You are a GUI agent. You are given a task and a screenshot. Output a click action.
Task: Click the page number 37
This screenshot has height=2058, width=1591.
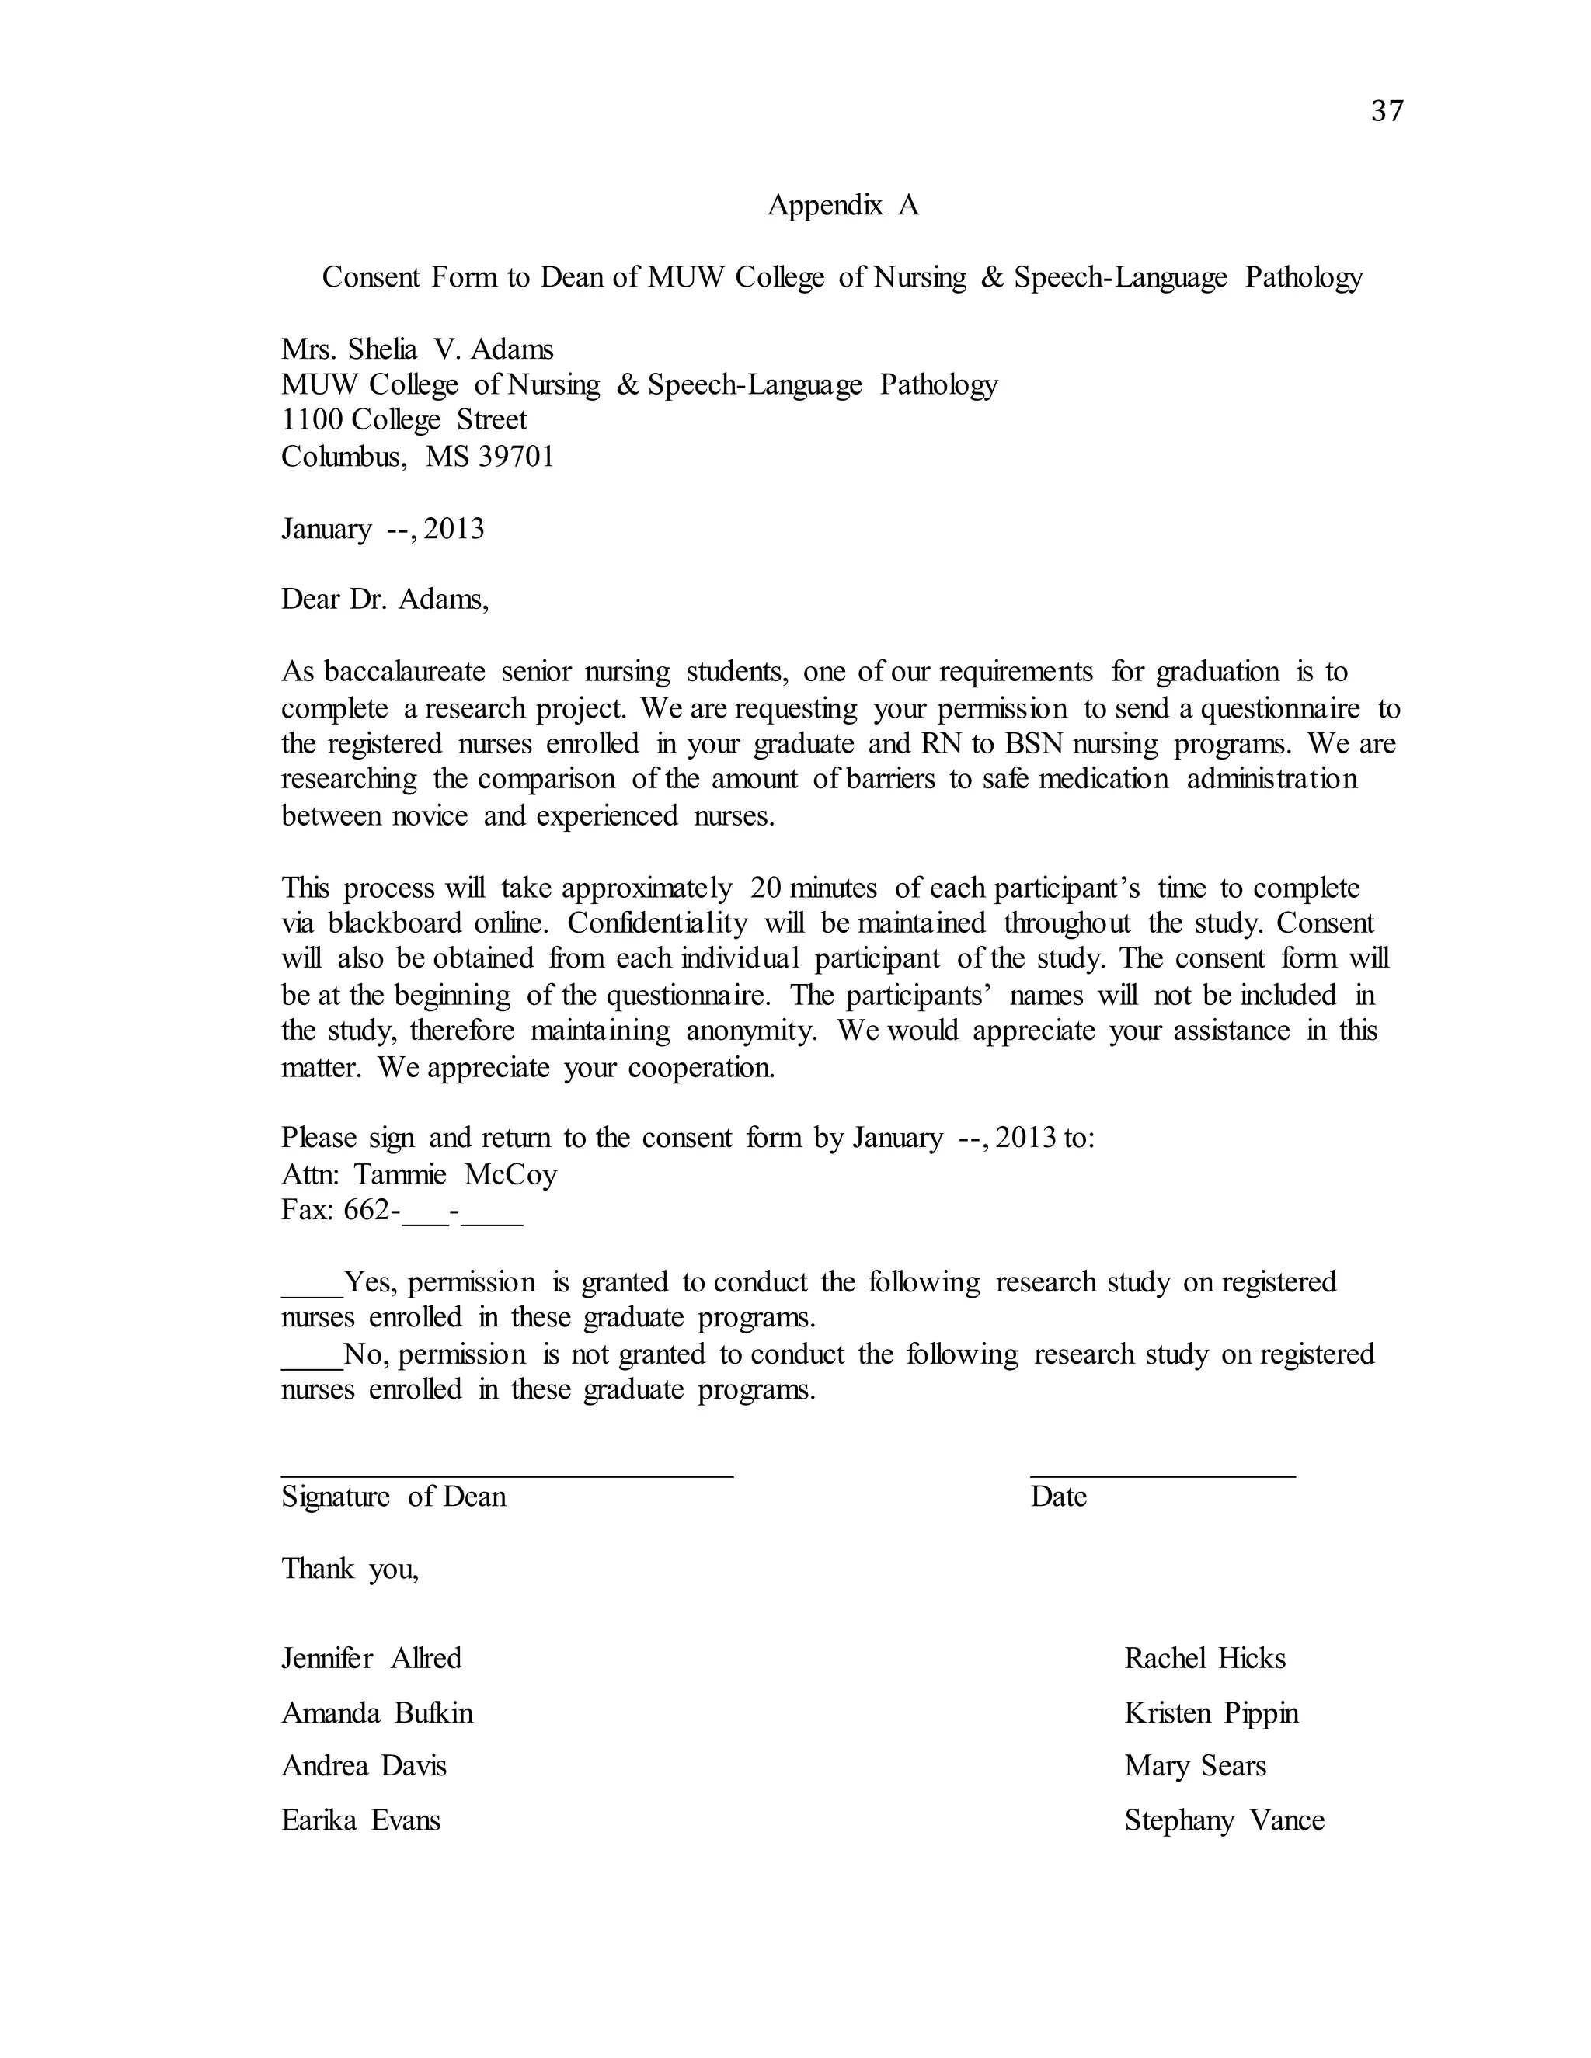pyautogui.click(x=1387, y=111)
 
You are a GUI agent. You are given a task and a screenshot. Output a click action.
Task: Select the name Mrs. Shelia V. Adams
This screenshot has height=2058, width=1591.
pyautogui.click(x=416, y=349)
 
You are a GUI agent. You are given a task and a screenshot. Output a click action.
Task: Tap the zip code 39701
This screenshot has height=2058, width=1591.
pyautogui.click(x=516, y=457)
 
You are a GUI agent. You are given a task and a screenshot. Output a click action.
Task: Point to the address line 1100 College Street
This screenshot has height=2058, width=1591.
pyautogui.click(x=403, y=420)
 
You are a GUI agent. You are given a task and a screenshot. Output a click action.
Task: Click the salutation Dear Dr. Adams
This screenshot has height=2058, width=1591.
pyautogui.click(x=385, y=600)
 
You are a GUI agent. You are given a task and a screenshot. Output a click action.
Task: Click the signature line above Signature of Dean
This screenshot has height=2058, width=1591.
pyautogui.click(x=507, y=1476)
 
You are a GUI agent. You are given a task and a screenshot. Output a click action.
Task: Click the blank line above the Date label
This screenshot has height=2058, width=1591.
pyautogui.click(x=1162, y=1476)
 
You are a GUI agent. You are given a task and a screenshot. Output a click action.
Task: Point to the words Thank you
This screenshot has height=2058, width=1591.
pyautogui.click(x=350, y=1569)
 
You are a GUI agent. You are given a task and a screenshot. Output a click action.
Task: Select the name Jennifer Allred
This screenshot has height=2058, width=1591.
pyautogui.click(x=371, y=1659)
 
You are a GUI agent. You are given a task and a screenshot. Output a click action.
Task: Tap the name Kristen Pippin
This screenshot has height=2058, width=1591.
pyautogui.click(x=1210, y=1713)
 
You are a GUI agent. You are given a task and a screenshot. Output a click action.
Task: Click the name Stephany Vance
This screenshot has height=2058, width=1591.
pyautogui.click(x=1224, y=1820)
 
